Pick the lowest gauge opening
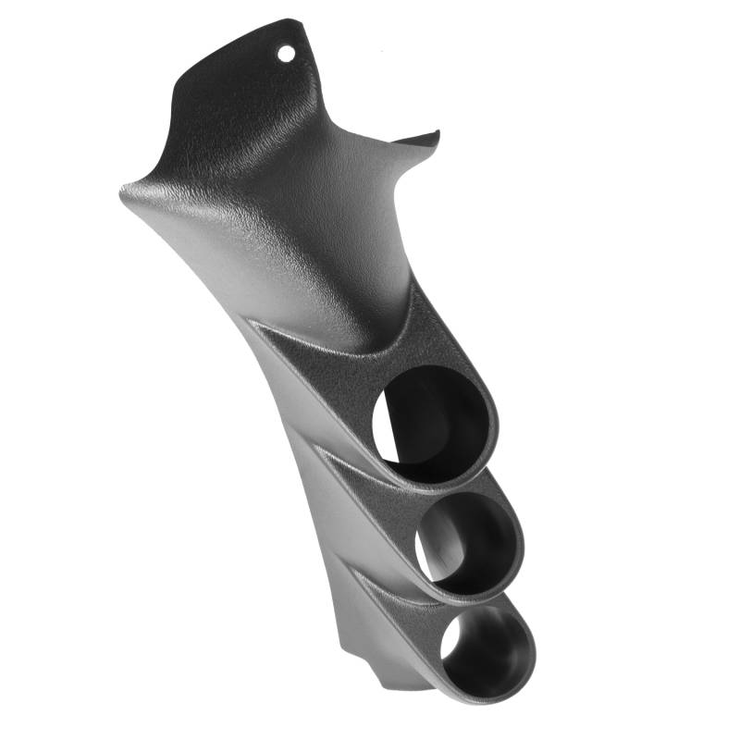(x=485, y=647)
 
